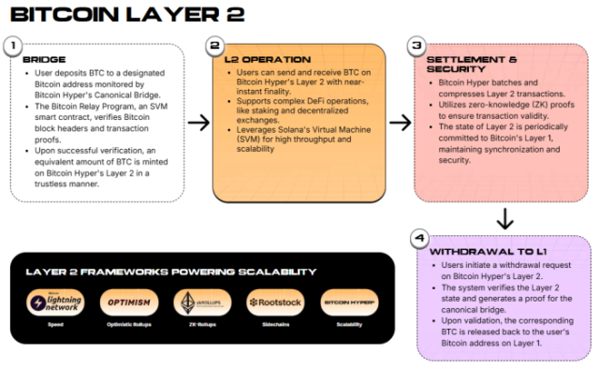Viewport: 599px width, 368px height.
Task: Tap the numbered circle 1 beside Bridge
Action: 13,45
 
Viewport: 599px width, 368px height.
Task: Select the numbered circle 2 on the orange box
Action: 214,44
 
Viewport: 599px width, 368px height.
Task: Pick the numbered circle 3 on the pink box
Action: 417,45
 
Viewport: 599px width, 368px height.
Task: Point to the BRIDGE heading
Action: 44,59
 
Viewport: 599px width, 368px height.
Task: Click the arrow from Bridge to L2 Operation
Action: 197,122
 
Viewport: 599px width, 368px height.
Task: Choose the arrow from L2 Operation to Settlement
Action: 400,122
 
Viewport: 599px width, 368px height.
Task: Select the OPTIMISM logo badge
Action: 124,302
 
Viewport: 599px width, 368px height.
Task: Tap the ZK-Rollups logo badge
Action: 198,302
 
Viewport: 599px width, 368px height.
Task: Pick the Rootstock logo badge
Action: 273,302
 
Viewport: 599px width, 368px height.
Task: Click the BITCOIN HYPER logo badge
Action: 348,302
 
